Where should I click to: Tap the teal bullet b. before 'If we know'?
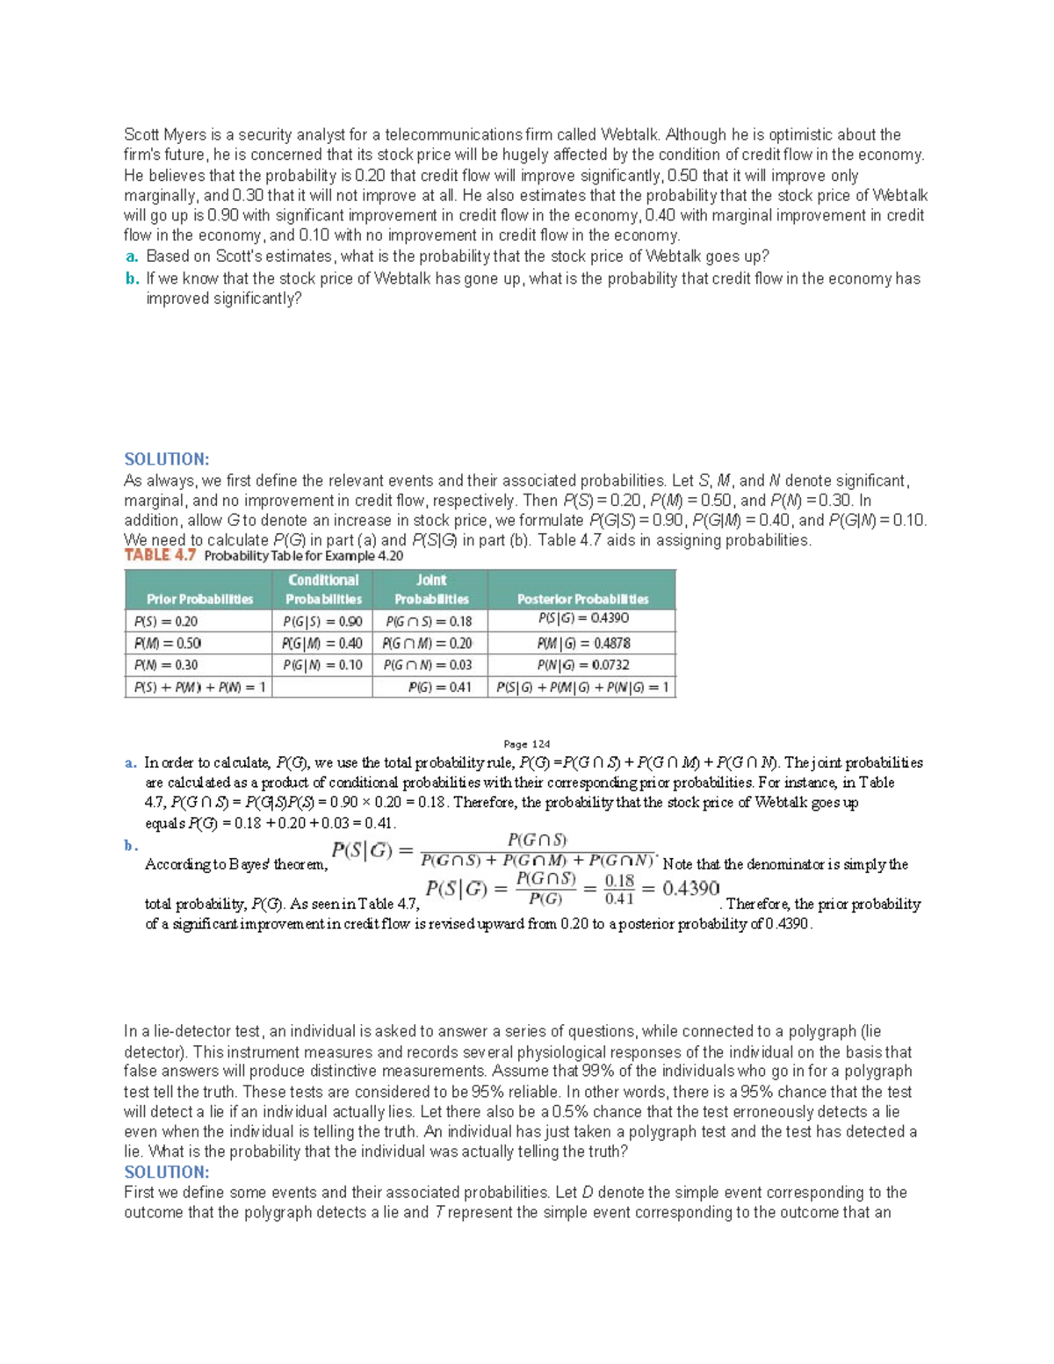(132, 279)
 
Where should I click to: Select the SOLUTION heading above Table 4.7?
(166, 459)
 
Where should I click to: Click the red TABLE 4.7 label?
(160, 555)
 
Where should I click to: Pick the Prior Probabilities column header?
(199, 599)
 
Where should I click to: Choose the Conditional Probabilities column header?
(323, 589)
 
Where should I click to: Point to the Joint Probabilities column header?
(430, 589)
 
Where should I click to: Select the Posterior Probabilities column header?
(582, 599)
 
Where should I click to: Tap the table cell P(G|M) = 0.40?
(322, 643)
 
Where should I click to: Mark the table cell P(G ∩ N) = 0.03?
(428, 665)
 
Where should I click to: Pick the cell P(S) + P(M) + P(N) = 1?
(199, 687)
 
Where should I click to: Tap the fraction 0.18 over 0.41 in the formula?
(619, 889)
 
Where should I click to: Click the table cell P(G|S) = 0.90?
(322, 621)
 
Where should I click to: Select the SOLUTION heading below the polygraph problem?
(166, 1173)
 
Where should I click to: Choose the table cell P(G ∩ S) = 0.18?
(429, 621)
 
